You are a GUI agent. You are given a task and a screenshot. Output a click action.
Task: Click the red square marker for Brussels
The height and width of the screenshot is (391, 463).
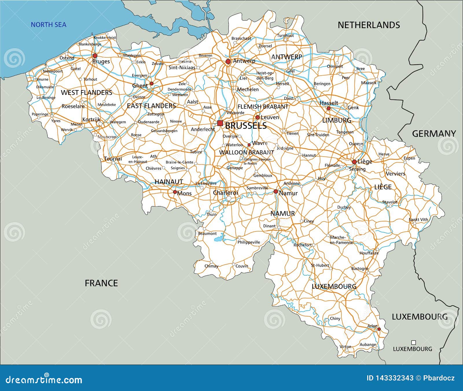tap(220, 123)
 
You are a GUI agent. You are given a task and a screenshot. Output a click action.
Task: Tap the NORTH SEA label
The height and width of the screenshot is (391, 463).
tap(48, 25)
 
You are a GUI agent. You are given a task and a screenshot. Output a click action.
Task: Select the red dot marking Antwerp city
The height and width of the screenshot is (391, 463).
tap(228, 61)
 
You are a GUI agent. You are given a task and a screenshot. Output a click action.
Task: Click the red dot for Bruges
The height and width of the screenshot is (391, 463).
tap(95, 56)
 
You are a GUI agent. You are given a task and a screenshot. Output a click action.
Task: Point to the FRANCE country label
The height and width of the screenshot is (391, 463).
tap(101, 283)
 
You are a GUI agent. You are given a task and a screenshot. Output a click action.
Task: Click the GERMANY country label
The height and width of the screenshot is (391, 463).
tap(434, 134)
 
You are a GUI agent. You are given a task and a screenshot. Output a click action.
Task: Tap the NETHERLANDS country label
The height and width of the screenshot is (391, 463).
tap(369, 25)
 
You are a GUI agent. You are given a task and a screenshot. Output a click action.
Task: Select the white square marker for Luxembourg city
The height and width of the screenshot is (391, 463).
tap(414, 343)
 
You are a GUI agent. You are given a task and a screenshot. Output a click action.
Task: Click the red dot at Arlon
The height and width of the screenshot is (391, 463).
tap(379, 329)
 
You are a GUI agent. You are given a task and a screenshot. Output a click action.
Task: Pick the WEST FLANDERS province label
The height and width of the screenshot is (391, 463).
tap(87, 93)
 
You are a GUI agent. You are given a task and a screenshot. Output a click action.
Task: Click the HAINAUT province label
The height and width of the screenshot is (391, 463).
tap(169, 182)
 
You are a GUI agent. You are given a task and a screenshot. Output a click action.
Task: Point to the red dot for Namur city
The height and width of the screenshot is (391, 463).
tap(275, 192)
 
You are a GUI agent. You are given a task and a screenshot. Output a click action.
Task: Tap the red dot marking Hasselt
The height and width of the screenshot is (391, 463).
tap(328, 108)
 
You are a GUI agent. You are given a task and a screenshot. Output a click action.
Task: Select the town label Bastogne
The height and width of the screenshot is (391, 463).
tap(360, 268)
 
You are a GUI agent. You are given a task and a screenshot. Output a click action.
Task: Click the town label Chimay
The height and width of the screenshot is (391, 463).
tap(211, 266)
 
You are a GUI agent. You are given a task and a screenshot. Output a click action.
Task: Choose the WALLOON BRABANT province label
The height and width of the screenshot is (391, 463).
tap(246, 152)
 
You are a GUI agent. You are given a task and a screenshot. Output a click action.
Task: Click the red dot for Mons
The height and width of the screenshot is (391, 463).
tap(175, 192)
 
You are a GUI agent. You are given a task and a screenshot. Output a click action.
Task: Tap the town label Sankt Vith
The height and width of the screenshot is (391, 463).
tap(418, 219)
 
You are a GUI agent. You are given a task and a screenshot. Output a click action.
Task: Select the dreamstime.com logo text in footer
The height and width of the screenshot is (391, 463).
tap(44, 379)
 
